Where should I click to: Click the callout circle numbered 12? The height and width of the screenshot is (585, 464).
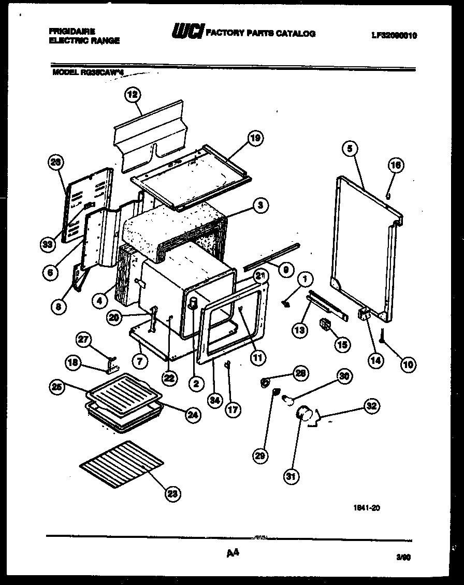point(133,95)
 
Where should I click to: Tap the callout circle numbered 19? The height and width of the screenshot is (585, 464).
point(254,138)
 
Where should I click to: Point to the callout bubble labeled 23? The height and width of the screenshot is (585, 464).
point(172,494)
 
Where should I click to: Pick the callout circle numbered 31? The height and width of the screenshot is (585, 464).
point(292,476)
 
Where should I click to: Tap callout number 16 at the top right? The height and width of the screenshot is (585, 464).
point(395,166)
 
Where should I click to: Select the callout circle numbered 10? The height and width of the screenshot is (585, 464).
point(408,364)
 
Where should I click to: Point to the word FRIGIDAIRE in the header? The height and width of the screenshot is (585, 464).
point(72,32)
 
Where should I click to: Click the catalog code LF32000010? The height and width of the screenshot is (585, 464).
point(394,36)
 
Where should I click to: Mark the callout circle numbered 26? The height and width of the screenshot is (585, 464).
point(54,162)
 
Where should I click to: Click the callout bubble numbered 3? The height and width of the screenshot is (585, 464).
point(260,206)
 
